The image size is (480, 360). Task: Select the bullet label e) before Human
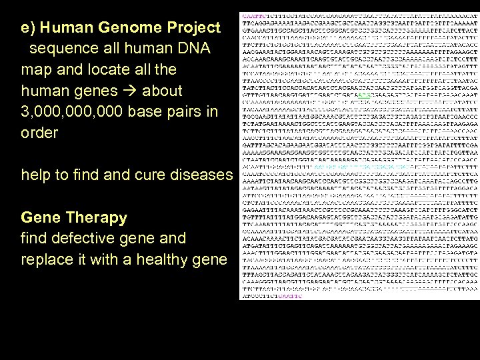click(29, 28)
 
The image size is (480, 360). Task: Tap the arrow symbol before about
click(151, 91)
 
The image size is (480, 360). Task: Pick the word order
click(39, 133)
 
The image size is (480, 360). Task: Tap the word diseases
click(201, 175)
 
